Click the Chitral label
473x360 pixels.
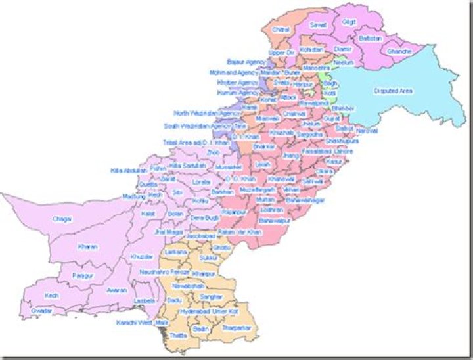[x=281, y=30]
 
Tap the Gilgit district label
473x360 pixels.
[x=349, y=22]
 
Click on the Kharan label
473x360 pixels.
[x=87, y=247]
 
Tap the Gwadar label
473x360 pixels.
[x=41, y=309]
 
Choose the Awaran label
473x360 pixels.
[x=116, y=290]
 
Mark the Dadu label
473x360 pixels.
[x=175, y=299]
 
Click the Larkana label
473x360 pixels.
[x=176, y=252]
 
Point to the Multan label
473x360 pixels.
[x=265, y=199]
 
